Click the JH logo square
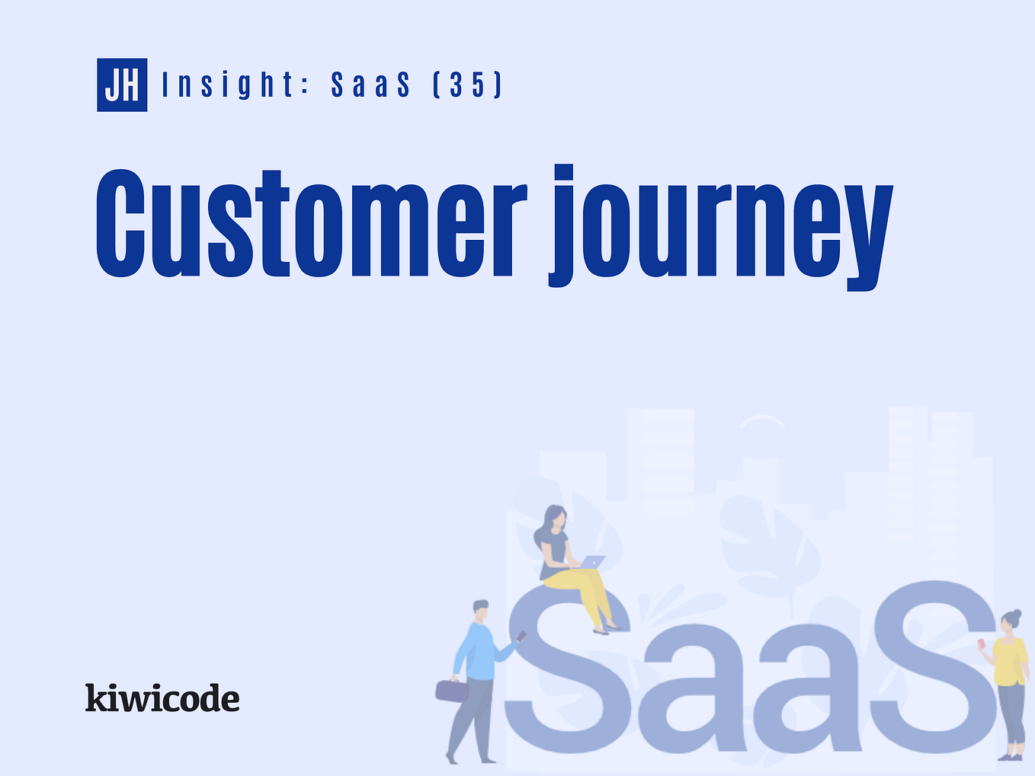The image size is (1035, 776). pos(122,85)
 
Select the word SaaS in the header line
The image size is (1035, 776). pos(370,85)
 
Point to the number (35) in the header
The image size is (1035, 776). pos(467,85)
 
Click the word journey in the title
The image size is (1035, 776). pos(720,228)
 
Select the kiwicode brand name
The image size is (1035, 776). pos(162,698)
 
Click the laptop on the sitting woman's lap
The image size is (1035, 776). pos(593,563)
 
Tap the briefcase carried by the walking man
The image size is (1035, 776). pos(452,691)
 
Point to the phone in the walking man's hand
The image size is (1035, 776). pos(521,635)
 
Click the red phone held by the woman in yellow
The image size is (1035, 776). pos(982,644)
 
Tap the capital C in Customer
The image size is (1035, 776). pos(120,225)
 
